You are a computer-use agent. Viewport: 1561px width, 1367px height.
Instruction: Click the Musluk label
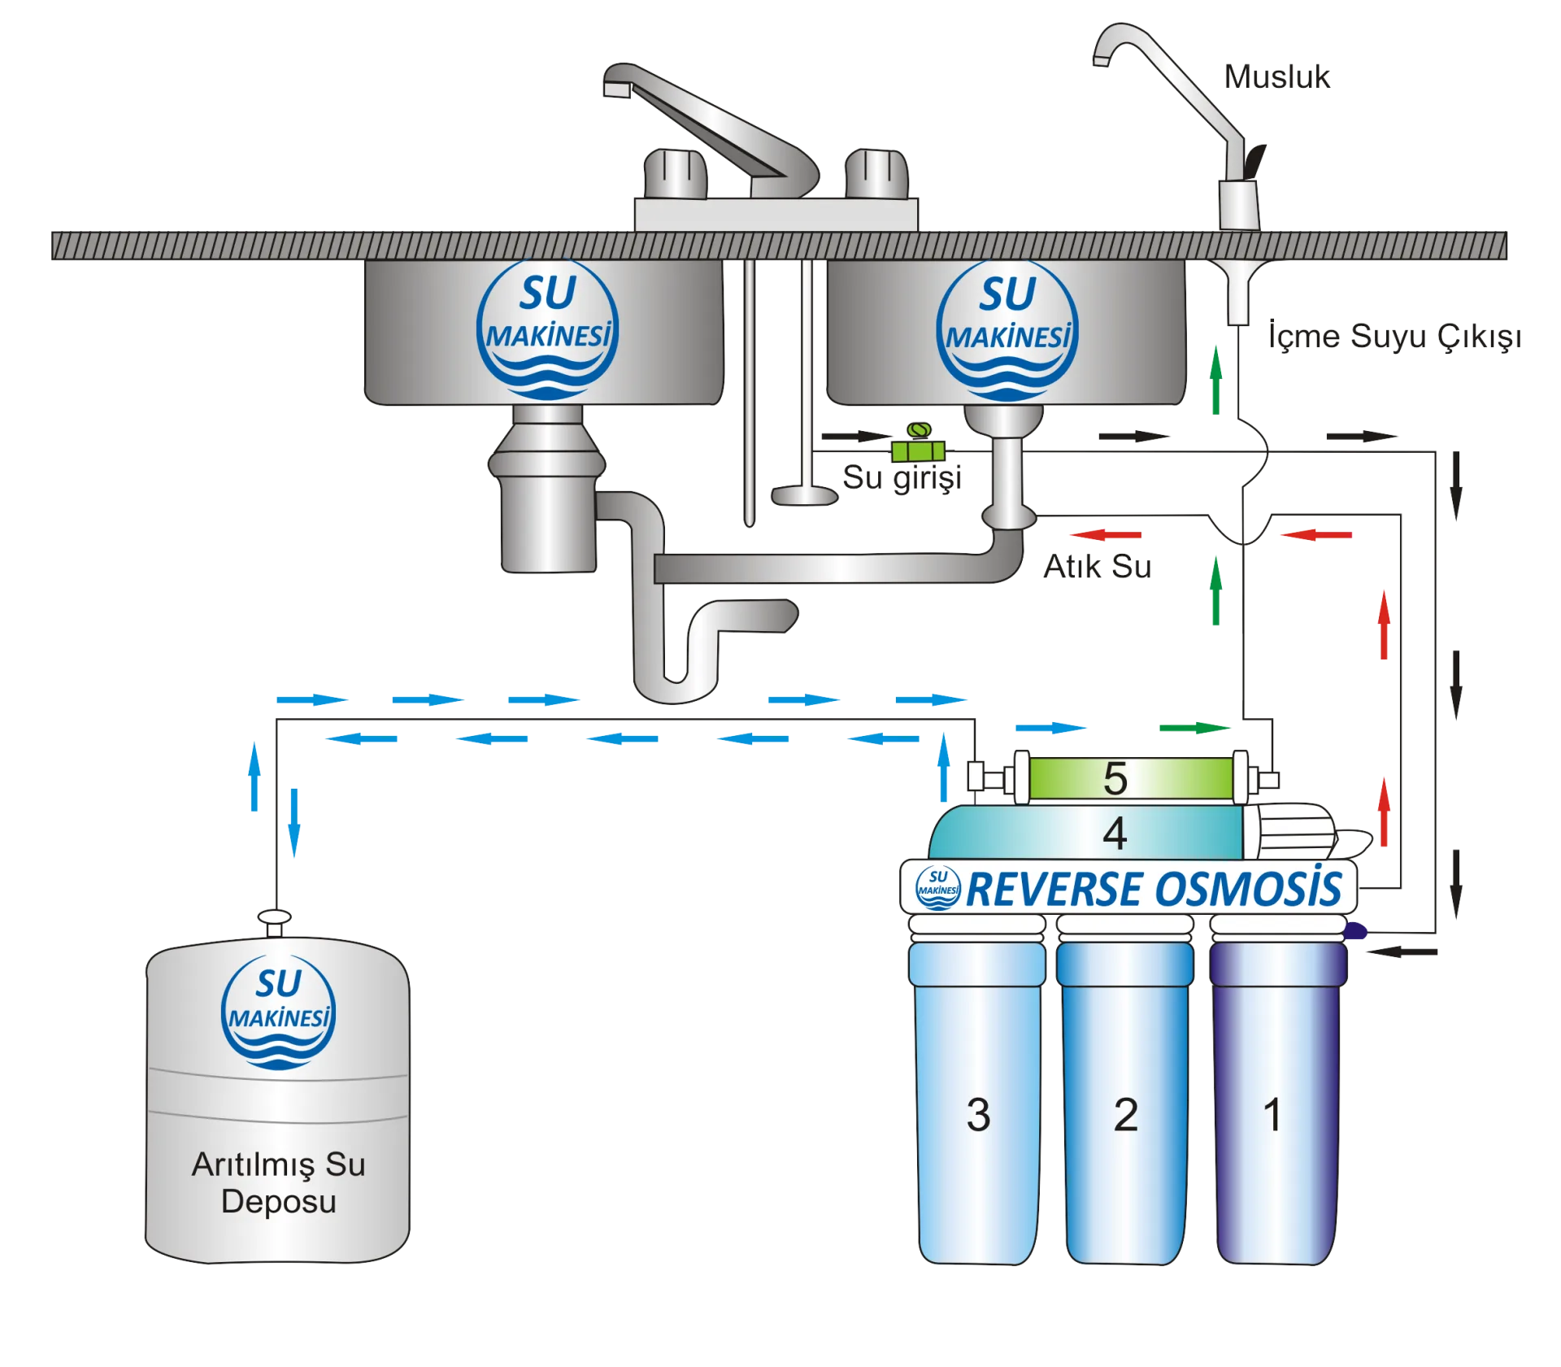[x=1276, y=77]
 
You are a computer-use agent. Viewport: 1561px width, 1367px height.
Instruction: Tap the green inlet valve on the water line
[x=918, y=444]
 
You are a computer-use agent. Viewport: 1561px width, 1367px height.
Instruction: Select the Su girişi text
[x=902, y=478]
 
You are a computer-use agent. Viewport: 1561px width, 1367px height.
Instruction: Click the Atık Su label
[x=1098, y=566]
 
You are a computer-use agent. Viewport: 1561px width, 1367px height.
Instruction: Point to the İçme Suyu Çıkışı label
[x=1394, y=336]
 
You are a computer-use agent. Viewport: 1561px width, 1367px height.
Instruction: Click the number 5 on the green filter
[x=1115, y=778]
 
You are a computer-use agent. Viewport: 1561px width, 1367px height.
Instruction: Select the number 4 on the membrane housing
[x=1115, y=833]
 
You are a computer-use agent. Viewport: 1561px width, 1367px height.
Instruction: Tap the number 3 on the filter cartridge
[x=978, y=1114]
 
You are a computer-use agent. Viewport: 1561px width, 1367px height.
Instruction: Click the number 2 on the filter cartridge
[x=1125, y=1114]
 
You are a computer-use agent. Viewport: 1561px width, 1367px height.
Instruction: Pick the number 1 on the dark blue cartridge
[x=1273, y=1114]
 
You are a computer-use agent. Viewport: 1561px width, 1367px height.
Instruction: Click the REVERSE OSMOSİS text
[x=1154, y=888]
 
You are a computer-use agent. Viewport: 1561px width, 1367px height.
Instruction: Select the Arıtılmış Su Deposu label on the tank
[x=278, y=1182]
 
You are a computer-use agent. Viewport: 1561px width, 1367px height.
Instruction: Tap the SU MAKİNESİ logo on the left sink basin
[x=547, y=329]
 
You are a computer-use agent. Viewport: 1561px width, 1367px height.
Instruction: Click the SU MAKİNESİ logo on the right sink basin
[x=1007, y=330]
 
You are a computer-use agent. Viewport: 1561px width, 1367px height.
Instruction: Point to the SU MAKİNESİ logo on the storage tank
[x=278, y=1012]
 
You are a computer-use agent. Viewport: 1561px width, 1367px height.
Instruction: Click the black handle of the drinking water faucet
[x=1254, y=161]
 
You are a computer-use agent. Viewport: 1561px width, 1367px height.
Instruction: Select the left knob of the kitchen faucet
[x=675, y=173]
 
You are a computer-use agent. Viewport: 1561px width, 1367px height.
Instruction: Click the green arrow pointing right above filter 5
[x=1194, y=727]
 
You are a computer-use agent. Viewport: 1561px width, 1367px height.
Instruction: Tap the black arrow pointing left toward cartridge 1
[x=1402, y=951]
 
